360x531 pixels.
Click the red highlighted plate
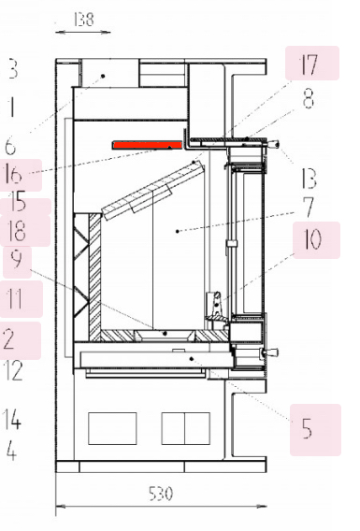coord(148,146)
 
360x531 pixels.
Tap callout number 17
coord(309,65)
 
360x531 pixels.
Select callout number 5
coord(307,428)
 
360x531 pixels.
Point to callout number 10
coord(312,238)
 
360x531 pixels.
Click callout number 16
coord(13,174)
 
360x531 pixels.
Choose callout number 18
coord(17,231)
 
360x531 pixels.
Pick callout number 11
coord(15,299)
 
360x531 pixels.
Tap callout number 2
coord(8,339)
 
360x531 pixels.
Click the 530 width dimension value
coord(161,494)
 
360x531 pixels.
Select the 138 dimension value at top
coord(83,20)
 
